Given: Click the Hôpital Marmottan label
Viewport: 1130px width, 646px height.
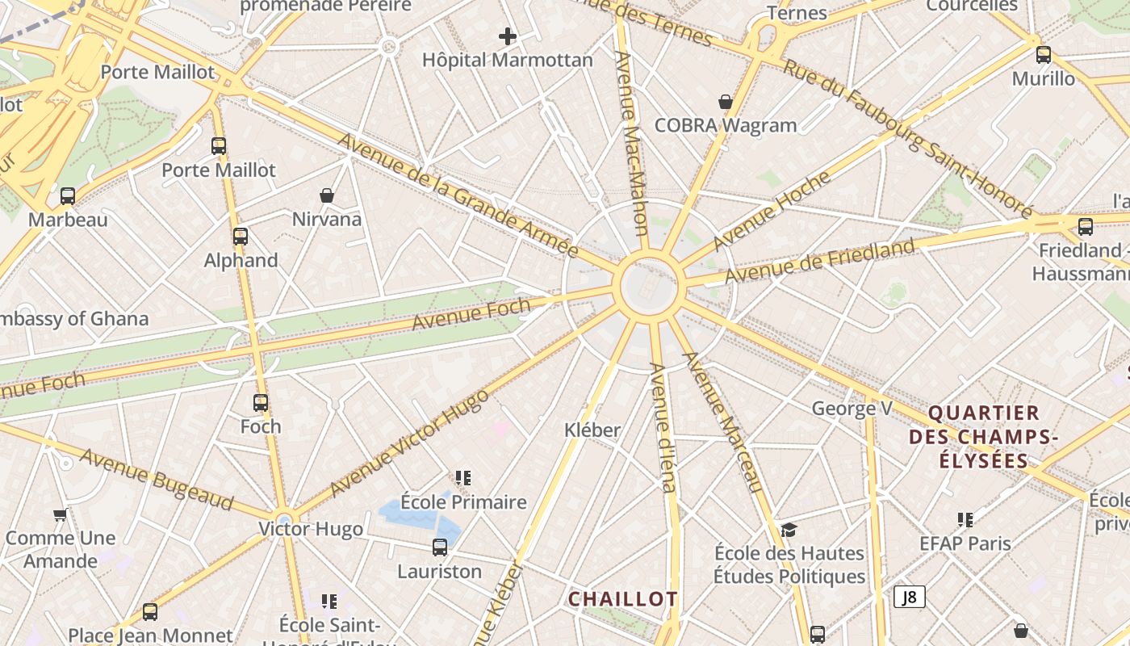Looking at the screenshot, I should coord(508,61).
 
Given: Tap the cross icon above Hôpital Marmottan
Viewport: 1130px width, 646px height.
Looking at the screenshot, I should coord(508,36).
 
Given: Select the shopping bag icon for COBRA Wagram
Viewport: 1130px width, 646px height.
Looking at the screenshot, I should coord(726,102).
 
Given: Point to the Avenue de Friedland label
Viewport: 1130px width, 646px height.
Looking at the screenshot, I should coord(819,260).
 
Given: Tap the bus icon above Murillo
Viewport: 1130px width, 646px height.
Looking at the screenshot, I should coord(1044,55).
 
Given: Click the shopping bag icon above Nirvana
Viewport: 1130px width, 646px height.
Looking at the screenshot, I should coord(327,195).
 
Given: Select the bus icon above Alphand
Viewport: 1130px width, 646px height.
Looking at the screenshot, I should coord(241,236).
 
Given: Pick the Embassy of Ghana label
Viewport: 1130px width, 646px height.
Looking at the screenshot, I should coord(73,319).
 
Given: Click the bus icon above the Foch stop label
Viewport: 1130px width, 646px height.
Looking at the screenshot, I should coord(261,402).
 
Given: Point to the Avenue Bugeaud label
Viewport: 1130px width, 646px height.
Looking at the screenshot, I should coord(157,480).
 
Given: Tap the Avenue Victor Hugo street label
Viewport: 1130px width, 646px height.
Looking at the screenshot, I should coord(408,443).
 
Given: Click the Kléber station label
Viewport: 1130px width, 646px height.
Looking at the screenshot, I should coord(592,430).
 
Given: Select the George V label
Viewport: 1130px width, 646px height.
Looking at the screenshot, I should coord(852,409).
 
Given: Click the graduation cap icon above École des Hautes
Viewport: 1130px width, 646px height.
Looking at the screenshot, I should coord(789,530).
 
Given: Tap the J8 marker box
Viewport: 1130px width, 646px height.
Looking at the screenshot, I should coord(910,598).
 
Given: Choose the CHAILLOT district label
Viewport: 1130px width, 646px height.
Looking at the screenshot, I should coord(622,599).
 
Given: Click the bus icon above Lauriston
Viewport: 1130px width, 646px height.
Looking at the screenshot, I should coord(440,547).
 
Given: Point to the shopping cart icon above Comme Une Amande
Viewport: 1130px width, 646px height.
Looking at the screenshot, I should coord(60,514).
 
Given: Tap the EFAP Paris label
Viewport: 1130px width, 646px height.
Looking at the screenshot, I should coord(965,543).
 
